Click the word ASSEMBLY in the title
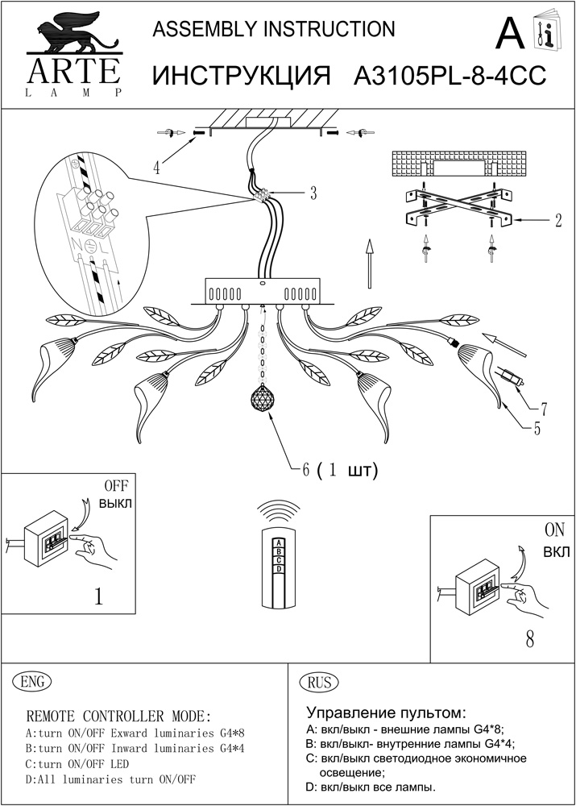pyautogui.click(x=197, y=30)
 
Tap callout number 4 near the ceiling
pyautogui.click(x=157, y=168)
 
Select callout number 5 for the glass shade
pyautogui.click(x=537, y=428)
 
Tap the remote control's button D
pyautogui.click(x=279, y=569)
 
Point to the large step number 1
pyautogui.click(x=98, y=597)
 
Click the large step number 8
pyautogui.click(x=528, y=641)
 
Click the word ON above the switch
pyautogui.click(x=555, y=532)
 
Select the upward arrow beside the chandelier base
pyautogui.click(x=368, y=262)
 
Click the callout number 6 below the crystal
pyautogui.click(x=305, y=470)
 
